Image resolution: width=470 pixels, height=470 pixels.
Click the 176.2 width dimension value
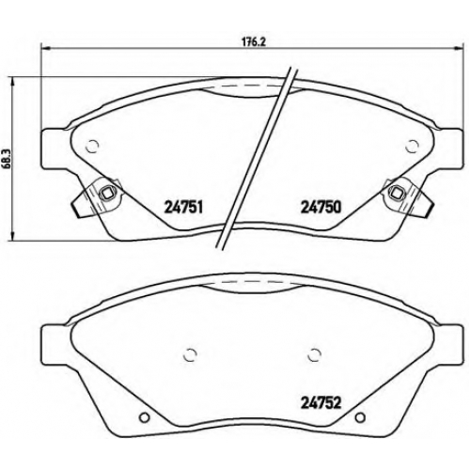[255, 42]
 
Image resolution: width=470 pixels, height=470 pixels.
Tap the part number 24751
[184, 207]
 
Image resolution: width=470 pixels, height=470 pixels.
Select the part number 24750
[321, 207]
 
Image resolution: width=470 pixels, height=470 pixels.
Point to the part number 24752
[321, 402]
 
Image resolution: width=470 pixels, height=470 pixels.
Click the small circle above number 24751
[92, 146]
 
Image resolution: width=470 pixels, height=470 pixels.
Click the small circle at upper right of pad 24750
[412, 146]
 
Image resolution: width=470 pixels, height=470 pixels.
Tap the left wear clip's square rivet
[106, 194]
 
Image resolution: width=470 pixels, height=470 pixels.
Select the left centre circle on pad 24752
[190, 355]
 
